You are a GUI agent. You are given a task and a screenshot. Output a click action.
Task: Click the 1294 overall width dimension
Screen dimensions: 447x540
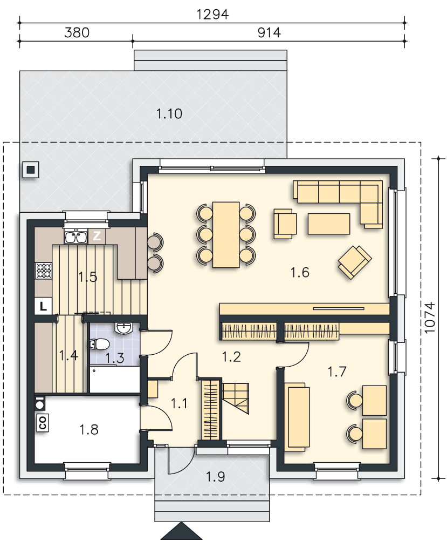212,15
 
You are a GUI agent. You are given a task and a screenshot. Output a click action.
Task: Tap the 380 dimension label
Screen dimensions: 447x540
77,33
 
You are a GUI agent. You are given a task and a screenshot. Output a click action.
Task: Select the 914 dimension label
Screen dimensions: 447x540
269,33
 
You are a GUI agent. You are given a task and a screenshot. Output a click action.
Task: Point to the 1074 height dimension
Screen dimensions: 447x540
430,318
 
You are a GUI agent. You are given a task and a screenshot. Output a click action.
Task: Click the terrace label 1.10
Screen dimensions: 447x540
169,113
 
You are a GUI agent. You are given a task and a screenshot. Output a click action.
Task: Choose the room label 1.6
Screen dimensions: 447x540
300,272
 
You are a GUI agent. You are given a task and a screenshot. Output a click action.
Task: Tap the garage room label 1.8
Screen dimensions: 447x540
89,429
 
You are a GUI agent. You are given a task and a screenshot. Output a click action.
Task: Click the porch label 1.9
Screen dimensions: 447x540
216,477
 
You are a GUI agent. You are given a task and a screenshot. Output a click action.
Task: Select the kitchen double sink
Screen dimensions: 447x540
75,237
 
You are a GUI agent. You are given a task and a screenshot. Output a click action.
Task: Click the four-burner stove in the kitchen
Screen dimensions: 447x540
44,271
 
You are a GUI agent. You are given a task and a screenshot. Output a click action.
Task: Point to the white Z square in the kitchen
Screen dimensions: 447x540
97,236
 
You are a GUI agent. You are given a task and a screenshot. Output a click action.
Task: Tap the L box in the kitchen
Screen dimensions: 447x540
43,306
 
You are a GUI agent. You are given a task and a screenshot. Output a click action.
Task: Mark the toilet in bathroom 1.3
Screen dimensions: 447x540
100,344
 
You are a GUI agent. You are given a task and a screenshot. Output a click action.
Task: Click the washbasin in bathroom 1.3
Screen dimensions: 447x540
123,328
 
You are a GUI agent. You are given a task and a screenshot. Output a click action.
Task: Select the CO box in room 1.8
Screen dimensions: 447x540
43,423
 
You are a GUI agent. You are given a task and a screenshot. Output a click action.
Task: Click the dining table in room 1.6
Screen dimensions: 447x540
226,234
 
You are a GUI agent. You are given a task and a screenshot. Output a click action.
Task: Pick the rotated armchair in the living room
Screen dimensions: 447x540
355,262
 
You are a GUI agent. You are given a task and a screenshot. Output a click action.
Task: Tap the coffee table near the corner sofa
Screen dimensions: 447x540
329,224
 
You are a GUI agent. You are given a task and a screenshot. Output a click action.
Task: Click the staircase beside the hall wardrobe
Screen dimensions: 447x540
235,398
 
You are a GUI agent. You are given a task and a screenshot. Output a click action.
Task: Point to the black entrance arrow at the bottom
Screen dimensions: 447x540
182,532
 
